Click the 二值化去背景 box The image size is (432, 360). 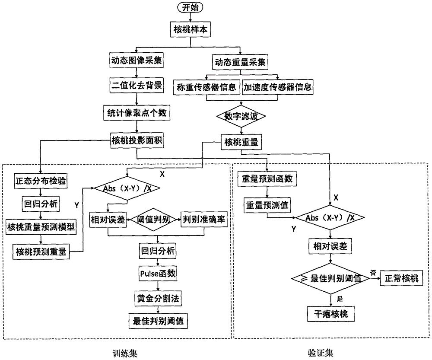point(137,86)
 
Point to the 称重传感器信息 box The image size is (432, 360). point(206,87)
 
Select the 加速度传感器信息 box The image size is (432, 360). point(277,87)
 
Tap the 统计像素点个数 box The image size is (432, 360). point(137,114)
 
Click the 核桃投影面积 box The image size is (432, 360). point(137,140)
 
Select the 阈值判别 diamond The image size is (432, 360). point(153,219)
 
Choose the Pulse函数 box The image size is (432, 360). point(157,274)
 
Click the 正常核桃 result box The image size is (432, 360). point(402,279)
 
